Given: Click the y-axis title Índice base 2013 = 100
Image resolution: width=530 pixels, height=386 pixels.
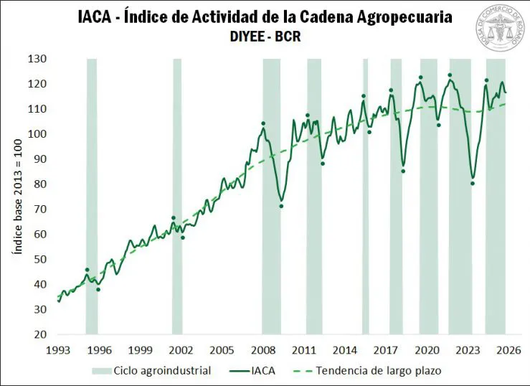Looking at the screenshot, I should [15, 197].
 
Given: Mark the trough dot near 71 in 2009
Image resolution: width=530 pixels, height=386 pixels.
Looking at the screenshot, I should [281, 207].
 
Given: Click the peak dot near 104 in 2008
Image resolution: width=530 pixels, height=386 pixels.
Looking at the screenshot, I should [263, 123].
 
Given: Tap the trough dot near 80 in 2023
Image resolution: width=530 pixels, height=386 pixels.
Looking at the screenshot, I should [473, 184].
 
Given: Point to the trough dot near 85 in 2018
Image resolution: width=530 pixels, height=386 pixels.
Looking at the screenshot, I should [403, 171].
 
